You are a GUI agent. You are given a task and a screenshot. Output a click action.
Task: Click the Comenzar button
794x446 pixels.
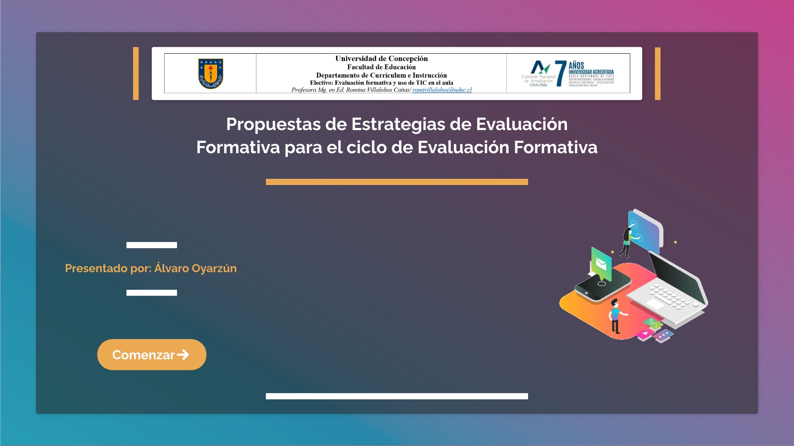(151, 355)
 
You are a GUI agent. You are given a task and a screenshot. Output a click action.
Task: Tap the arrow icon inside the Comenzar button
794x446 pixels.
(183, 355)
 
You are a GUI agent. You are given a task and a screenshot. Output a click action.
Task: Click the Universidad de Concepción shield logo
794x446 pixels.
(210, 74)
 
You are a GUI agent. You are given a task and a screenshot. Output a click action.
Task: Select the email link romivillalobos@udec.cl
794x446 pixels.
(442, 90)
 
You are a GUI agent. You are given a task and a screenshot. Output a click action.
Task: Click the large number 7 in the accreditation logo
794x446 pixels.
(560, 74)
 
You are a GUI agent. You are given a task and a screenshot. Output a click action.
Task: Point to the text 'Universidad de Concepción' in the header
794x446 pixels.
(381, 59)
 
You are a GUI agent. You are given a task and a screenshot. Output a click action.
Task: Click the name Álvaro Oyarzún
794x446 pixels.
(195, 268)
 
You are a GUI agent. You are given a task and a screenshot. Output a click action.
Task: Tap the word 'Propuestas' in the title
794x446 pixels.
(273, 124)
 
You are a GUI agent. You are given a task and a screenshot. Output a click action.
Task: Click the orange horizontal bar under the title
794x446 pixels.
(397, 182)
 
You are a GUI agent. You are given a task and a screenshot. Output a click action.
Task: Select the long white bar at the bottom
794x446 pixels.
(397, 396)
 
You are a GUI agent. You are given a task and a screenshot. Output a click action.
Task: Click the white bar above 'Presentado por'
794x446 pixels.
(151, 245)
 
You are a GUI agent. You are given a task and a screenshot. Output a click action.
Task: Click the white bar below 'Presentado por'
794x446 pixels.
(151, 293)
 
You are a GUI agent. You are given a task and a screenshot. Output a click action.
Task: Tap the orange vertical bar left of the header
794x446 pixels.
(136, 74)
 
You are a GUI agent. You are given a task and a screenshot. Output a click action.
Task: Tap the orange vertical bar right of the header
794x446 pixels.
(658, 74)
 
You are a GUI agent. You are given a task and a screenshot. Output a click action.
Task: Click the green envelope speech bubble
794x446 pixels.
(601, 263)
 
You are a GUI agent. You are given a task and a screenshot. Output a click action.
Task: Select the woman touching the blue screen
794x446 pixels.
(627, 242)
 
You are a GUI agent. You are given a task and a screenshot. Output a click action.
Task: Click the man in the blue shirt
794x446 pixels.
(615, 316)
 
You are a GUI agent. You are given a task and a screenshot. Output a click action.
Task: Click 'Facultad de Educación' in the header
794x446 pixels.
(381, 67)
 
